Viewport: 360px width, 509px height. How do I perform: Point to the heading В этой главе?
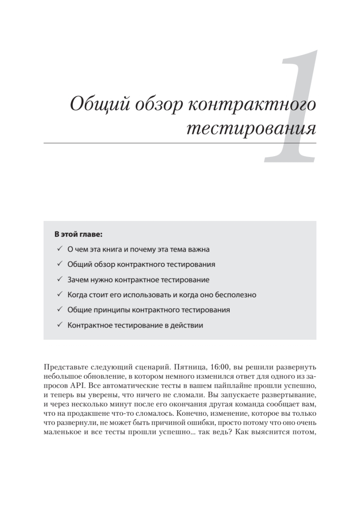pos(79,234)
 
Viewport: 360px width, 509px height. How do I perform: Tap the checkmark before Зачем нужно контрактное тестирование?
pos(59,280)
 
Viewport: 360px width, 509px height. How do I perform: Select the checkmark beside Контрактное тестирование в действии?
pos(59,325)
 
